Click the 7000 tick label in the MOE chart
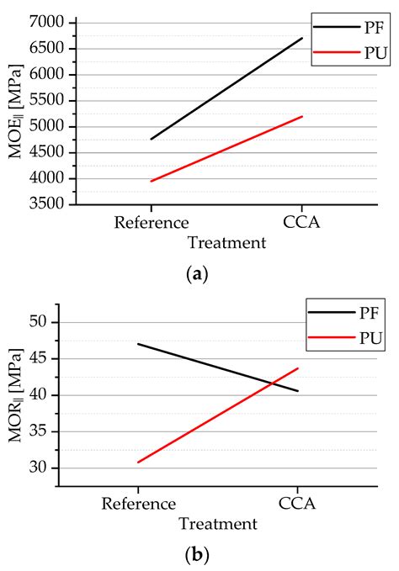pos(56,22)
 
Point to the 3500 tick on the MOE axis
pos(56,204)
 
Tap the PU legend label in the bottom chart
pos(369,337)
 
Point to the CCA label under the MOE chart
pos(302,223)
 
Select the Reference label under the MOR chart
pos(139,505)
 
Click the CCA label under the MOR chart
pos(297,505)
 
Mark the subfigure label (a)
pos(199,274)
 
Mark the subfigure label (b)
pos(199,555)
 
